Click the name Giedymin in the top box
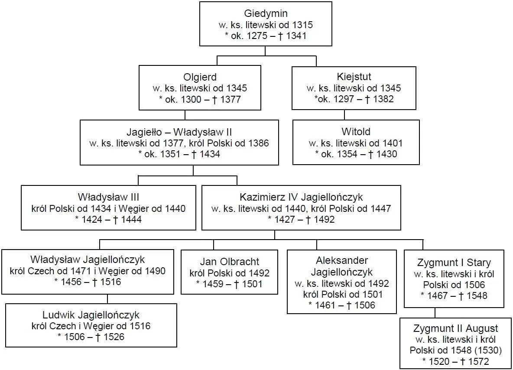pos(266,13)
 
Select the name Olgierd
pos(200,77)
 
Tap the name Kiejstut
pos(354,77)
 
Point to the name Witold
pos(356,132)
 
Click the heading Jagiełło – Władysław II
pos(179,132)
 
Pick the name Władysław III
pos(108,198)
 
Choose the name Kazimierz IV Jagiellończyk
pos(301,198)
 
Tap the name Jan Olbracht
pos(230,262)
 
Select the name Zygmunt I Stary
pos(454,263)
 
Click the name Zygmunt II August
pos(455,328)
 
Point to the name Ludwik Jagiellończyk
pos(91,315)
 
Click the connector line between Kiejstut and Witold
pos(344,115)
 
